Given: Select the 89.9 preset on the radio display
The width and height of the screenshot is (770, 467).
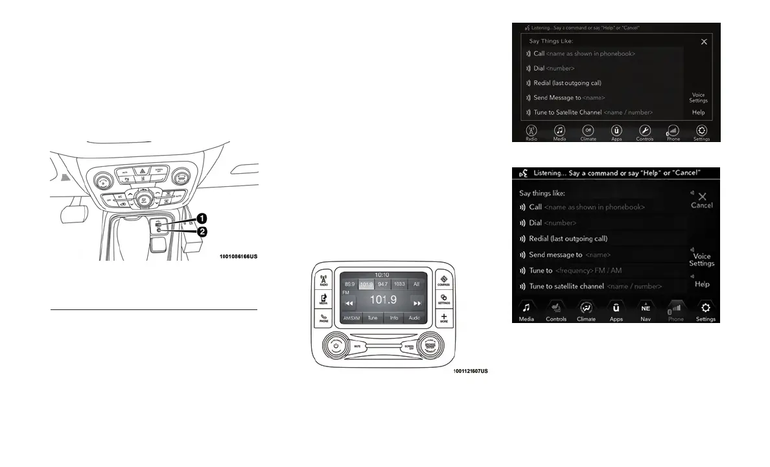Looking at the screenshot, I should (x=349, y=284).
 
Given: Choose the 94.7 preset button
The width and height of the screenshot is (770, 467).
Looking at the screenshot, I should (x=383, y=284).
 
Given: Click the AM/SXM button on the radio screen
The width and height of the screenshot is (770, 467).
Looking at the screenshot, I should (x=351, y=318).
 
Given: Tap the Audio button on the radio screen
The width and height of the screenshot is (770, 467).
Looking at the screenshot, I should (x=414, y=318).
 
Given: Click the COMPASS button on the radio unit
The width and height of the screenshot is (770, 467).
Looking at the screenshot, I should (x=444, y=280).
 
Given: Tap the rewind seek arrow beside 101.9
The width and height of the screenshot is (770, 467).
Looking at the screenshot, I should (x=349, y=303).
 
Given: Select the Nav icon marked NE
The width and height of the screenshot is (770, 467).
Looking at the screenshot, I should (x=645, y=310).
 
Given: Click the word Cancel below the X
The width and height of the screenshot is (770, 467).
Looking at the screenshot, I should (x=701, y=206).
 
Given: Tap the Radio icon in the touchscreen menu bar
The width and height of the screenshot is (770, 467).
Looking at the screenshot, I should (x=531, y=132).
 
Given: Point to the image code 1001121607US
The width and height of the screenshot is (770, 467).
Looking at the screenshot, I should (x=471, y=371).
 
